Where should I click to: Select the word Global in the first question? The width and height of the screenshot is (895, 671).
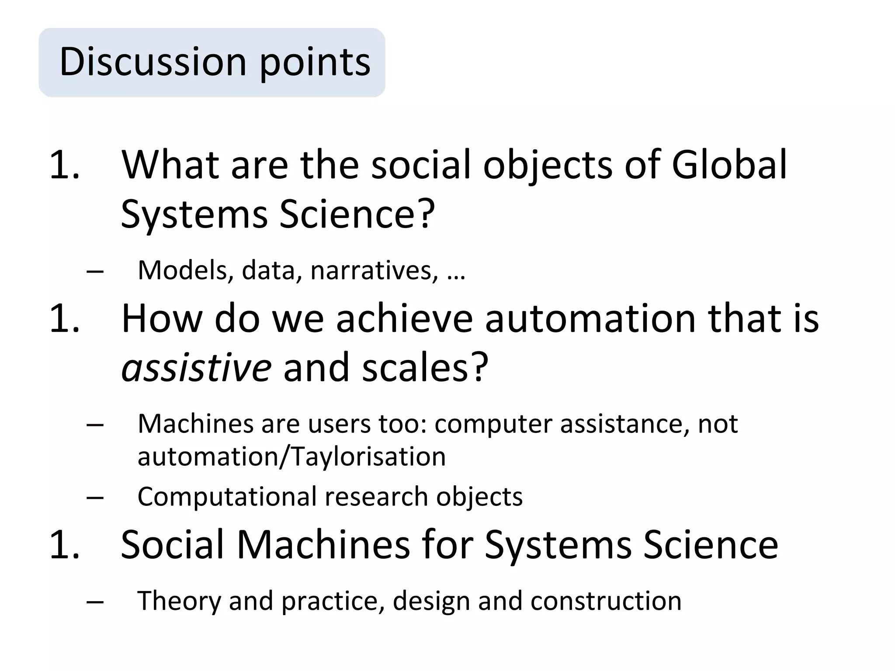pos(729,165)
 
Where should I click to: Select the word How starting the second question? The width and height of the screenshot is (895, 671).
pos(162,318)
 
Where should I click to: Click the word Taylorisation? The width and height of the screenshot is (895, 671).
pos(368,457)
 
